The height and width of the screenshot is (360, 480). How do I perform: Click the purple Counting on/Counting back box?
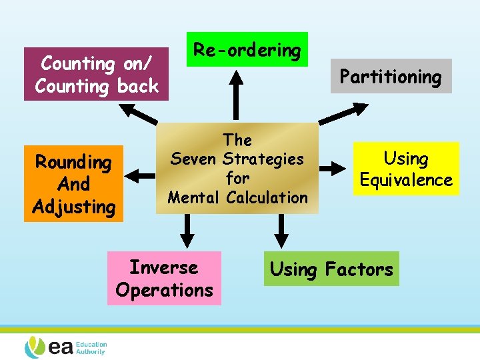tap(96, 74)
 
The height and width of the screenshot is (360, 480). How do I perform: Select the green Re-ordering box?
tap(247, 49)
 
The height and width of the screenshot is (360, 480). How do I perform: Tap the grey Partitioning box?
tap(391, 76)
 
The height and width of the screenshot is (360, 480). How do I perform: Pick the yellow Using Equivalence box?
tap(406, 169)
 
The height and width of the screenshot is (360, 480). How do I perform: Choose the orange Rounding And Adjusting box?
tap(74, 183)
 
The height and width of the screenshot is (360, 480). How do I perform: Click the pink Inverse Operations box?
tap(164, 278)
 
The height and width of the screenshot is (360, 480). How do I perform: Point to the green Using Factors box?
tap(331, 269)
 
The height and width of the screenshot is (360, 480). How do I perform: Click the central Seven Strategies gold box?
tap(237, 168)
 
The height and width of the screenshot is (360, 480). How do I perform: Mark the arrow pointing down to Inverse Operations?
tap(189, 230)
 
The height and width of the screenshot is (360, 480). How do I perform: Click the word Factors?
tap(359, 269)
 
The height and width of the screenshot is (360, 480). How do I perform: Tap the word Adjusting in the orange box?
tap(74, 207)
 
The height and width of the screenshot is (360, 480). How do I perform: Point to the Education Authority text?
tap(90, 348)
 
